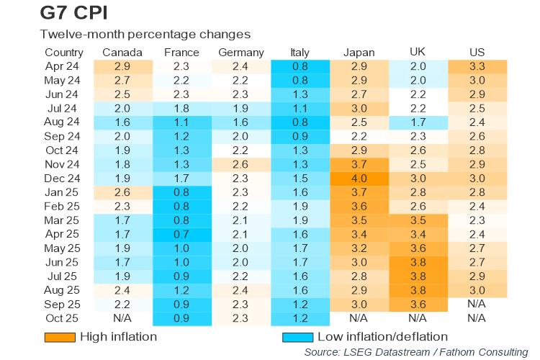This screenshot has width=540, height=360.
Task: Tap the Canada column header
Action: click(x=122, y=53)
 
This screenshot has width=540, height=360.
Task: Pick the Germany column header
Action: click(x=240, y=53)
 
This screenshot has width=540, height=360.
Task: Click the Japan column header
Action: click(x=359, y=53)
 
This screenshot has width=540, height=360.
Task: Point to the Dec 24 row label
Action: click(x=63, y=178)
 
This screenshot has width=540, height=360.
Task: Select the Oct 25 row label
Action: click(x=63, y=318)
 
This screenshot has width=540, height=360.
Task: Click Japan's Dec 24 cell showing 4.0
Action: click(x=359, y=178)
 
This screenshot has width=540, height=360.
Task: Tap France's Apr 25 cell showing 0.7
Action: click(x=181, y=234)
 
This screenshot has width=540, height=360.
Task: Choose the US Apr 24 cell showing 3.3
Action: click(x=477, y=66)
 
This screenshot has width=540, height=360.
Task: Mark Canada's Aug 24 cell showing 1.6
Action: click(x=122, y=122)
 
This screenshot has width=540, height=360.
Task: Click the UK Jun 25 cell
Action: click(x=418, y=261)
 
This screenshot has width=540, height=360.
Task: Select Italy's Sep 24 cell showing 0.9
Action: click(x=300, y=136)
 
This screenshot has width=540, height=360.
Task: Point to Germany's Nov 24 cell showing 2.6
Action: click(x=240, y=164)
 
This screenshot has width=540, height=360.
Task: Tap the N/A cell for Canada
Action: click(x=122, y=318)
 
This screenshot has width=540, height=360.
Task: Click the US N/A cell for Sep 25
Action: click(x=477, y=303)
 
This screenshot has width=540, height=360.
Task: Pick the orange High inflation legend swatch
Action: click(x=60, y=337)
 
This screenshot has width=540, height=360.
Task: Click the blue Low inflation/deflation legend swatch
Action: click(x=297, y=337)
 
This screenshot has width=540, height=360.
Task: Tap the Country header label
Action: click(x=64, y=53)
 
